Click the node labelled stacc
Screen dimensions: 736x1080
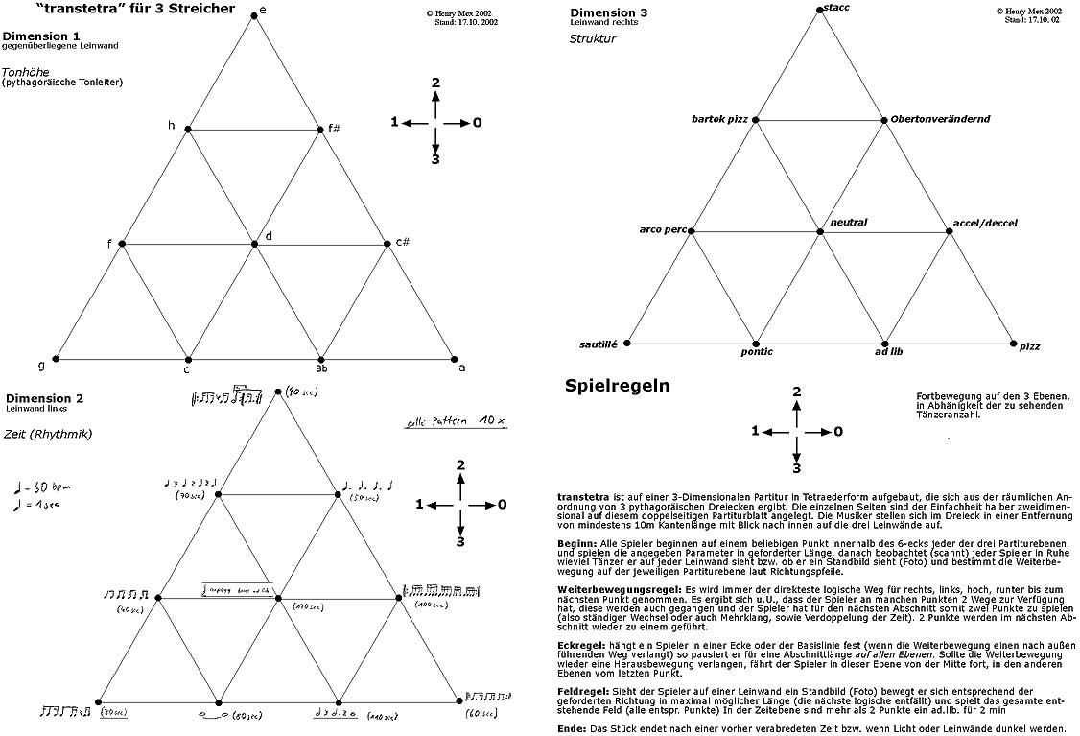pyautogui.click(x=820, y=10)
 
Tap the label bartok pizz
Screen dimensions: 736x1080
pyautogui.click(x=719, y=119)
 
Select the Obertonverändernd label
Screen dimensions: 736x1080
pyautogui.click(x=940, y=119)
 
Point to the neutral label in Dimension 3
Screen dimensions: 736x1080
pyautogui.click(x=849, y=223)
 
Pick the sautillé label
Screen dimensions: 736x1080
pyautogui.click(x=600, y=344)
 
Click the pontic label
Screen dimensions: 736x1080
pyautogui.click(x=757, y=352)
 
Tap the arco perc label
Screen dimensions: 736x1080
pyautogui.click(x=663, y=230)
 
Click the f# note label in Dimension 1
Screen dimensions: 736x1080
pyautogui.click(x=334, y=127)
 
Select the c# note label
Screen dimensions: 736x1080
pyautogui.click(x=403, y=242)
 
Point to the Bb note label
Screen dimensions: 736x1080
pyautogui.click(x=321, y=368)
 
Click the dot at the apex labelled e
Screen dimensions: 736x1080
pyautogui.click(x=253, y=15)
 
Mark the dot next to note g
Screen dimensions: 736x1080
pyautogui.click(x=56, y=359)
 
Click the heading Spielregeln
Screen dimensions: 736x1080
pyautogui.click(x=618, y=387)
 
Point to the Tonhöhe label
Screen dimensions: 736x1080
pyautogui.click(x=26, y=71)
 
